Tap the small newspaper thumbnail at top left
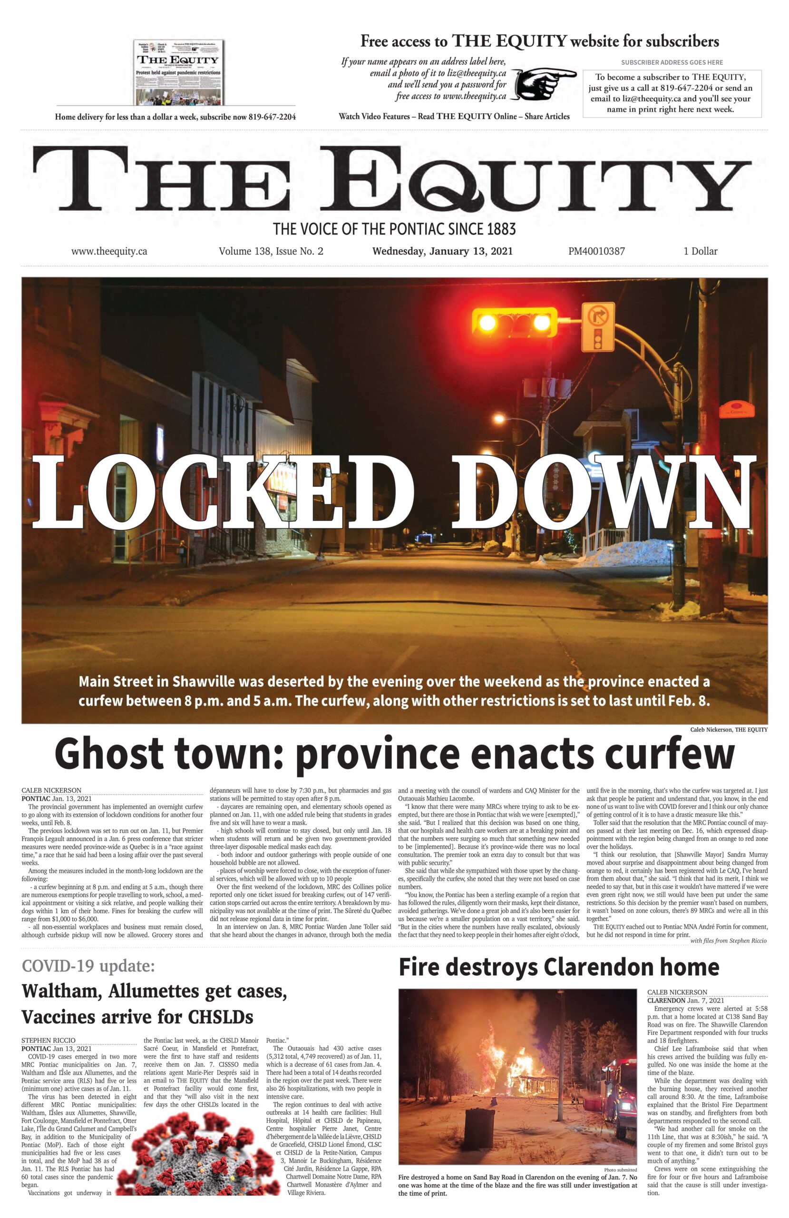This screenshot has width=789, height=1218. (x=179, y=73)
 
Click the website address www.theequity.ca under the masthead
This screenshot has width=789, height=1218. (x=109, y=251)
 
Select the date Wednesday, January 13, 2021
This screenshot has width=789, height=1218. (x=442, y=251)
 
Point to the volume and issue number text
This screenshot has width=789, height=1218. (x=271, y=251)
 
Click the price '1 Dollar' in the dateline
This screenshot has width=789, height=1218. (x=700, y=251)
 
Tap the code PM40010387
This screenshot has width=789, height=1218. (x=596, y=251)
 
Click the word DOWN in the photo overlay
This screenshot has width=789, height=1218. (x=602, y=494)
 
